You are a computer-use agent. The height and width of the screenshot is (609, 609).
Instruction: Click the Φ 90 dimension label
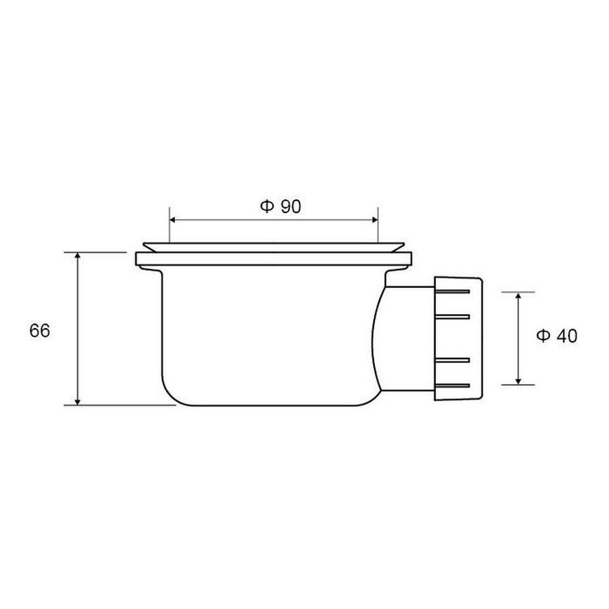coord(280,206)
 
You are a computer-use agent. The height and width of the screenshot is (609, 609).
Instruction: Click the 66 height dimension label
coord(39,331)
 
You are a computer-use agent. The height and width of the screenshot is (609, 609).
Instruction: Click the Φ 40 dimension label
coord(556,336)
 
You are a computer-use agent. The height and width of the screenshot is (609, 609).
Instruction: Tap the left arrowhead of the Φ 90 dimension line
coord(173,220)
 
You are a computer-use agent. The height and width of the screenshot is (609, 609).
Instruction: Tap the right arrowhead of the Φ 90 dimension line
coord(375,220)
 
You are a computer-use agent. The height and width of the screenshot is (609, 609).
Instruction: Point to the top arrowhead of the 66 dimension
coord(77,256)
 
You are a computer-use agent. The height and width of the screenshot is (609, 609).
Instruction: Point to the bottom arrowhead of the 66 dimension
coord(77,401)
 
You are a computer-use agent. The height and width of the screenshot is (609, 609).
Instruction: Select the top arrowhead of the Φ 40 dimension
coord(518,296)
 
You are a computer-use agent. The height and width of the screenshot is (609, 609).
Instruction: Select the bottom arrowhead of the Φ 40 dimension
coord(518,381)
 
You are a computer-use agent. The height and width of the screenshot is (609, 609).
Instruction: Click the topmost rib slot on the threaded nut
coord(452,291)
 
